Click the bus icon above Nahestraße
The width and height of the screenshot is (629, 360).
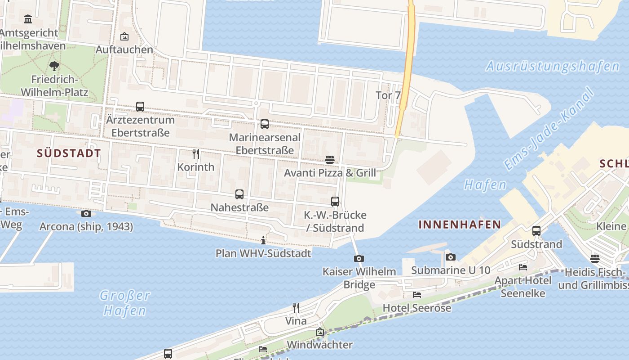coord(239,194)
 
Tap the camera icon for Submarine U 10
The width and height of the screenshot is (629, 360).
coord(451,257)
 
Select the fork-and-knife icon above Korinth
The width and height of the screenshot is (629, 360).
coord(196,154)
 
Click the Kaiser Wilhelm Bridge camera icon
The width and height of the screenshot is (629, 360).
coord(359,258)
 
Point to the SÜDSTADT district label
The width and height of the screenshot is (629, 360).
coord(69,153)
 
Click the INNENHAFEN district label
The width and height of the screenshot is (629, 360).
coord(460,224)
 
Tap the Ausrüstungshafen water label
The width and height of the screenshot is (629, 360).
coord(553,67)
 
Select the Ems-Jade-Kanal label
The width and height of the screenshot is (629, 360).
coord(549,129)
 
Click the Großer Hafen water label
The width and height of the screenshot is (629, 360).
coord(124,302)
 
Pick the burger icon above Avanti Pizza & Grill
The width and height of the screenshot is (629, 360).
coord(330,159)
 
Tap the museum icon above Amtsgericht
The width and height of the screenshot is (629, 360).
coord(28,19)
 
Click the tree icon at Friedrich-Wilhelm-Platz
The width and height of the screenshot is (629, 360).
coord(54,66)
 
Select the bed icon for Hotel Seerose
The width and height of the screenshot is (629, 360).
coord(417,295)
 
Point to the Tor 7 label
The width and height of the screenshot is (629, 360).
coord(388,95)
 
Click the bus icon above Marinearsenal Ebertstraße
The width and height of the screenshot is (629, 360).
coord(265,124)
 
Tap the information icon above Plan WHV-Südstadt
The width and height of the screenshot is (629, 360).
coord(263,240)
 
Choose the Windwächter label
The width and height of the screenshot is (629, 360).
coord(319,345)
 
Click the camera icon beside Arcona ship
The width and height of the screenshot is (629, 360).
coord(86,213)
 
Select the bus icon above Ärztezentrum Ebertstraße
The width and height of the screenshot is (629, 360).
coord(140,107)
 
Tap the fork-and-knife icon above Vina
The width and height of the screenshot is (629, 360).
coord(296,308)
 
